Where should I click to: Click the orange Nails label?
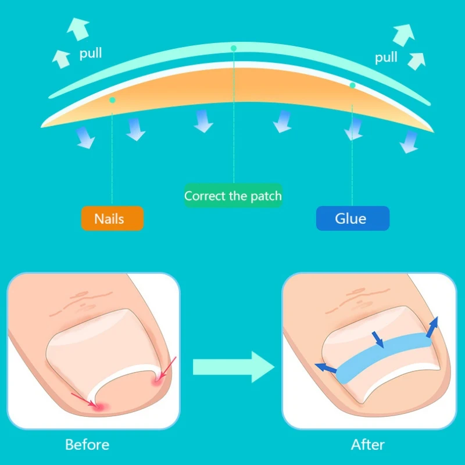coord(112,219)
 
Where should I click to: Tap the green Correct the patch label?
coord(233,196)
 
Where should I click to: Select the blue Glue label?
coord(353,219)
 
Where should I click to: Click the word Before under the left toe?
coord(87,445)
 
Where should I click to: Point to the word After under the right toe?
coord(368,445)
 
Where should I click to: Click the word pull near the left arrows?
coord(91,53)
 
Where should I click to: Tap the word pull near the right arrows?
coord(386,57)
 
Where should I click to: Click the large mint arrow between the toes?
coord(234,367)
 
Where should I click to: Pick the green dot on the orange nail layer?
coord(112,100)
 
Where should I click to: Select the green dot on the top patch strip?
coord(234,48)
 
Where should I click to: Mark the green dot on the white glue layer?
coord(352,85)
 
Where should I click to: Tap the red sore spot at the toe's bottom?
coord(99,407)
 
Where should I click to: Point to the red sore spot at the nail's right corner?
coord(156,381)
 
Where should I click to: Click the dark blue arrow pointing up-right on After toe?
coord(432,327)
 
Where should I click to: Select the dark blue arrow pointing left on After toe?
coord(325,368)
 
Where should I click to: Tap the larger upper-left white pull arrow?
coord(78,28)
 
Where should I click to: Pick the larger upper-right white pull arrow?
coord(403,35)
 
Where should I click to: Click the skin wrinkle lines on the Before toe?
coord(80,302)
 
